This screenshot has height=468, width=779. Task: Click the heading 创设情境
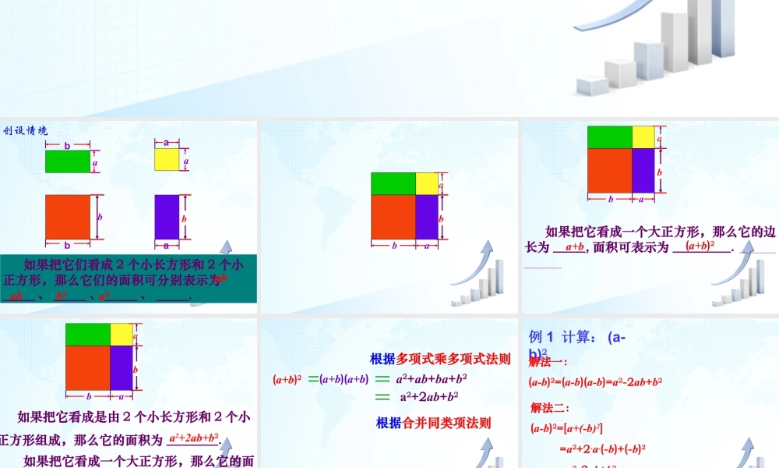[26, 130]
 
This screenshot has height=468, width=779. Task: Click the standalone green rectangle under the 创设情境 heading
[68, 161]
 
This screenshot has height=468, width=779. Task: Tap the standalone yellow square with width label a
[167, 159]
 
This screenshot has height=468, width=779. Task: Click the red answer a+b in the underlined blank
[575, 247]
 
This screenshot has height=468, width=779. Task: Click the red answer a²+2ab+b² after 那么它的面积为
[194, 438]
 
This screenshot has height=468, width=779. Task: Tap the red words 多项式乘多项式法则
[453, 360]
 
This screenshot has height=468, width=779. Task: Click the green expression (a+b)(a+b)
[344, 380]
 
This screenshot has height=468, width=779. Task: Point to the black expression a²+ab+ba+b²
[432, 380]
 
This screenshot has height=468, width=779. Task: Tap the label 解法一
[548, 362]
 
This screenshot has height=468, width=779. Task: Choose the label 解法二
[550, 408]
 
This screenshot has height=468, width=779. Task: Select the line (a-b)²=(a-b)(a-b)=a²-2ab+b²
[595, 382]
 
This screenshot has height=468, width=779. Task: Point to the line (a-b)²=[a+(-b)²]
[566, 428]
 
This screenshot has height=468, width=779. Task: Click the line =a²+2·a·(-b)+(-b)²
[602, 448]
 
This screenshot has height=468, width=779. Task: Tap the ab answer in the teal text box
[16, 296]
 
